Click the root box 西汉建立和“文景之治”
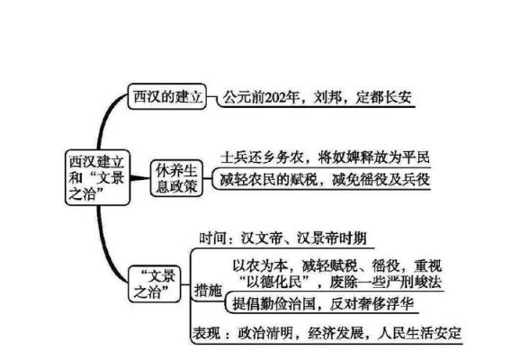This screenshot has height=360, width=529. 97,177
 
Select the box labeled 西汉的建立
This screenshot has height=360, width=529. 167,96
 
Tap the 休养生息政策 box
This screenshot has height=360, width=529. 176,178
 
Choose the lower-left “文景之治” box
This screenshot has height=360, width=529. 155,283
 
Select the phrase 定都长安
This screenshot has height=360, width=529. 383,97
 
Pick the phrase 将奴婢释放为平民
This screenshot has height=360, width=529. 374,157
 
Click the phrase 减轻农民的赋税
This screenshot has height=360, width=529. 269,179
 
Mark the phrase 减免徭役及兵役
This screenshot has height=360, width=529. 381,179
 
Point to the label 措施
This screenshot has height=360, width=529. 208,290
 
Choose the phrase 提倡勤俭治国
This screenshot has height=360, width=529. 273,303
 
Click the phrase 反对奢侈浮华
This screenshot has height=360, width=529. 372,303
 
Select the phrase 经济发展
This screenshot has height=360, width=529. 336,333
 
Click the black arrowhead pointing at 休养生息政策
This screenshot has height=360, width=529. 139,178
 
